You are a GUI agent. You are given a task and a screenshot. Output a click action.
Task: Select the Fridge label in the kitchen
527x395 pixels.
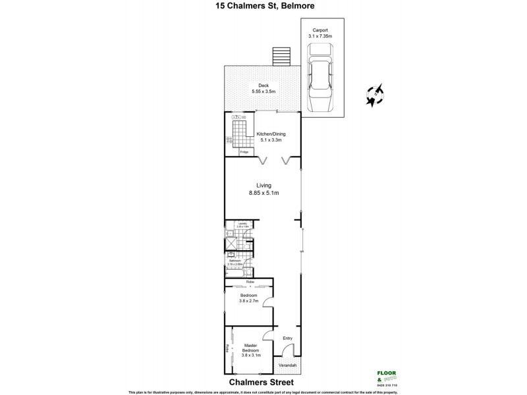tap(244, 153)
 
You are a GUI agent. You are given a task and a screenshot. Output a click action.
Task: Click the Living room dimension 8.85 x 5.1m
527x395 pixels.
tap(263, 193)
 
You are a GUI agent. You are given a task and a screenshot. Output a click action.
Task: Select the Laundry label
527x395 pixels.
tap(242, 224)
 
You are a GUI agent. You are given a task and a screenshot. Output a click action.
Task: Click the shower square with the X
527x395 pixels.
tap(232, 246)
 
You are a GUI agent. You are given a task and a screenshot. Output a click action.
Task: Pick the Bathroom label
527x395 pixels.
tap(236, 261)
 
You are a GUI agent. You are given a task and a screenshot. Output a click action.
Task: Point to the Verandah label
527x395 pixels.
tap(287, 365)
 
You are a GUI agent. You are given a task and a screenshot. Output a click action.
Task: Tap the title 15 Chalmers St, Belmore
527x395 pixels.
tap(263, 6)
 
